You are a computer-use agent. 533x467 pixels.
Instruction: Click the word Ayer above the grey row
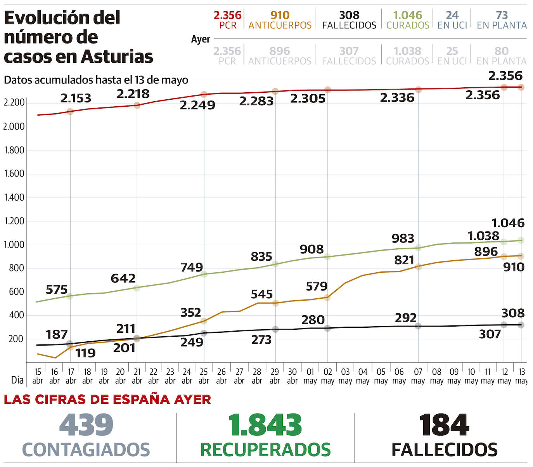[x=201, y=39]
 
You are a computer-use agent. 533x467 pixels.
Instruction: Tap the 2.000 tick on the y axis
[x=14, y=127]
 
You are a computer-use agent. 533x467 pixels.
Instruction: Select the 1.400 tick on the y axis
[x=14, y=197]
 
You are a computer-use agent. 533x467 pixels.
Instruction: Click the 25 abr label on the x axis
[x=204, y=376]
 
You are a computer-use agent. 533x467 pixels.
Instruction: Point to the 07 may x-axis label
[x=418, y=376]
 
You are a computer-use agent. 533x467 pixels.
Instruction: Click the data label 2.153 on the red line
[x=76, y=98]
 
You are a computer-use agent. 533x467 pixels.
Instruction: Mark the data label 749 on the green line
[x=192, y=267]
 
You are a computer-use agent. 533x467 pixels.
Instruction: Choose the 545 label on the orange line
[x=261, y=294]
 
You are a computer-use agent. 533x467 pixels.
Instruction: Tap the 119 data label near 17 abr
[x=85, y=353]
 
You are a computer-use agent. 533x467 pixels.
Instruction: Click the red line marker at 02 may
[x=328, y=90]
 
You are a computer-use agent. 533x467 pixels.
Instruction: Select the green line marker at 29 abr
[x=275, y=264]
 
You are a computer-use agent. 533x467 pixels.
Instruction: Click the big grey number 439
[x=86, y=425]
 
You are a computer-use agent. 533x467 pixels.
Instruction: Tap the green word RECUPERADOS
[x=265, y=450]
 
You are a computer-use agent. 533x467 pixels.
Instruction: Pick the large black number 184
[x=444, y=425]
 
